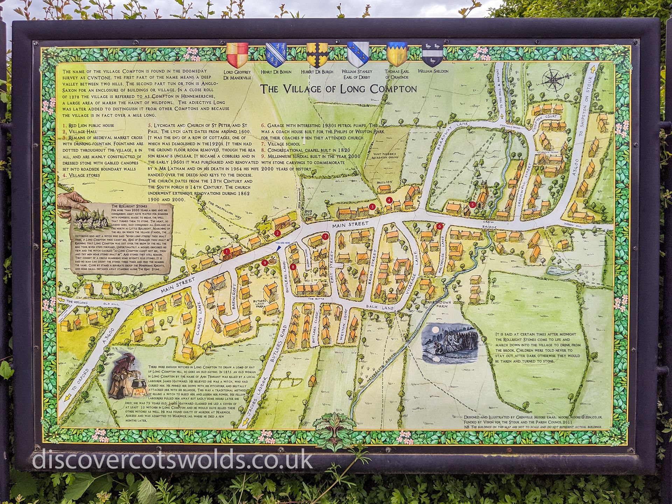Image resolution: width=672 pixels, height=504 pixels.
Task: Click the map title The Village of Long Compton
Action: point(338,89)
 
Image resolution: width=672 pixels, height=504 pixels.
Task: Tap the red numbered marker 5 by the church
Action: point(472,205)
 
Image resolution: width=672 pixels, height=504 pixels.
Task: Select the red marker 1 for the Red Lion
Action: point(227,251)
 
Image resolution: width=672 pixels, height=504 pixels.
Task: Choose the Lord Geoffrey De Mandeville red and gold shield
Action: point(237,55)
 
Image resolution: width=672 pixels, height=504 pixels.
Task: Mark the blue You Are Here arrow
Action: point(279,247)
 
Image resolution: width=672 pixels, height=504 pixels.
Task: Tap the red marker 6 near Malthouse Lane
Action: point(439,226)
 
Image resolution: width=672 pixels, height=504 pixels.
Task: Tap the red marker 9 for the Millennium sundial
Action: point(265,262)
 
